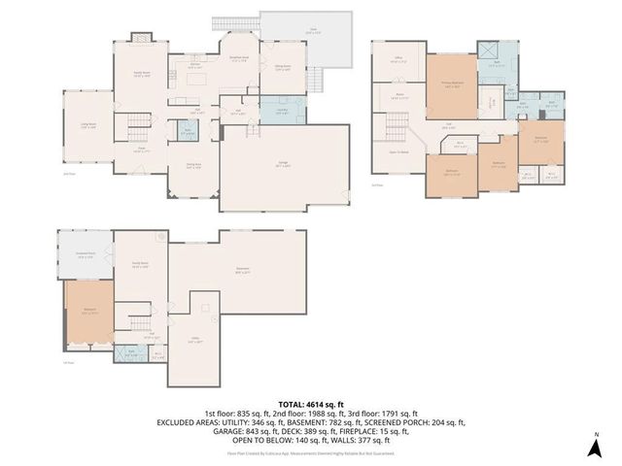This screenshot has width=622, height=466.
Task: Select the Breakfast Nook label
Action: pyautogui.click(x=238, y=57)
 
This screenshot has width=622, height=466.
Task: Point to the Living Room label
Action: pyautogui.click(x=86, y=126)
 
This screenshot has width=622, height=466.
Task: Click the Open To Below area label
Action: pyautogui.click(x=397, y=153)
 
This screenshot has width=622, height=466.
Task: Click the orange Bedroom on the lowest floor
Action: pyautogui.click(x=87, y=313)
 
